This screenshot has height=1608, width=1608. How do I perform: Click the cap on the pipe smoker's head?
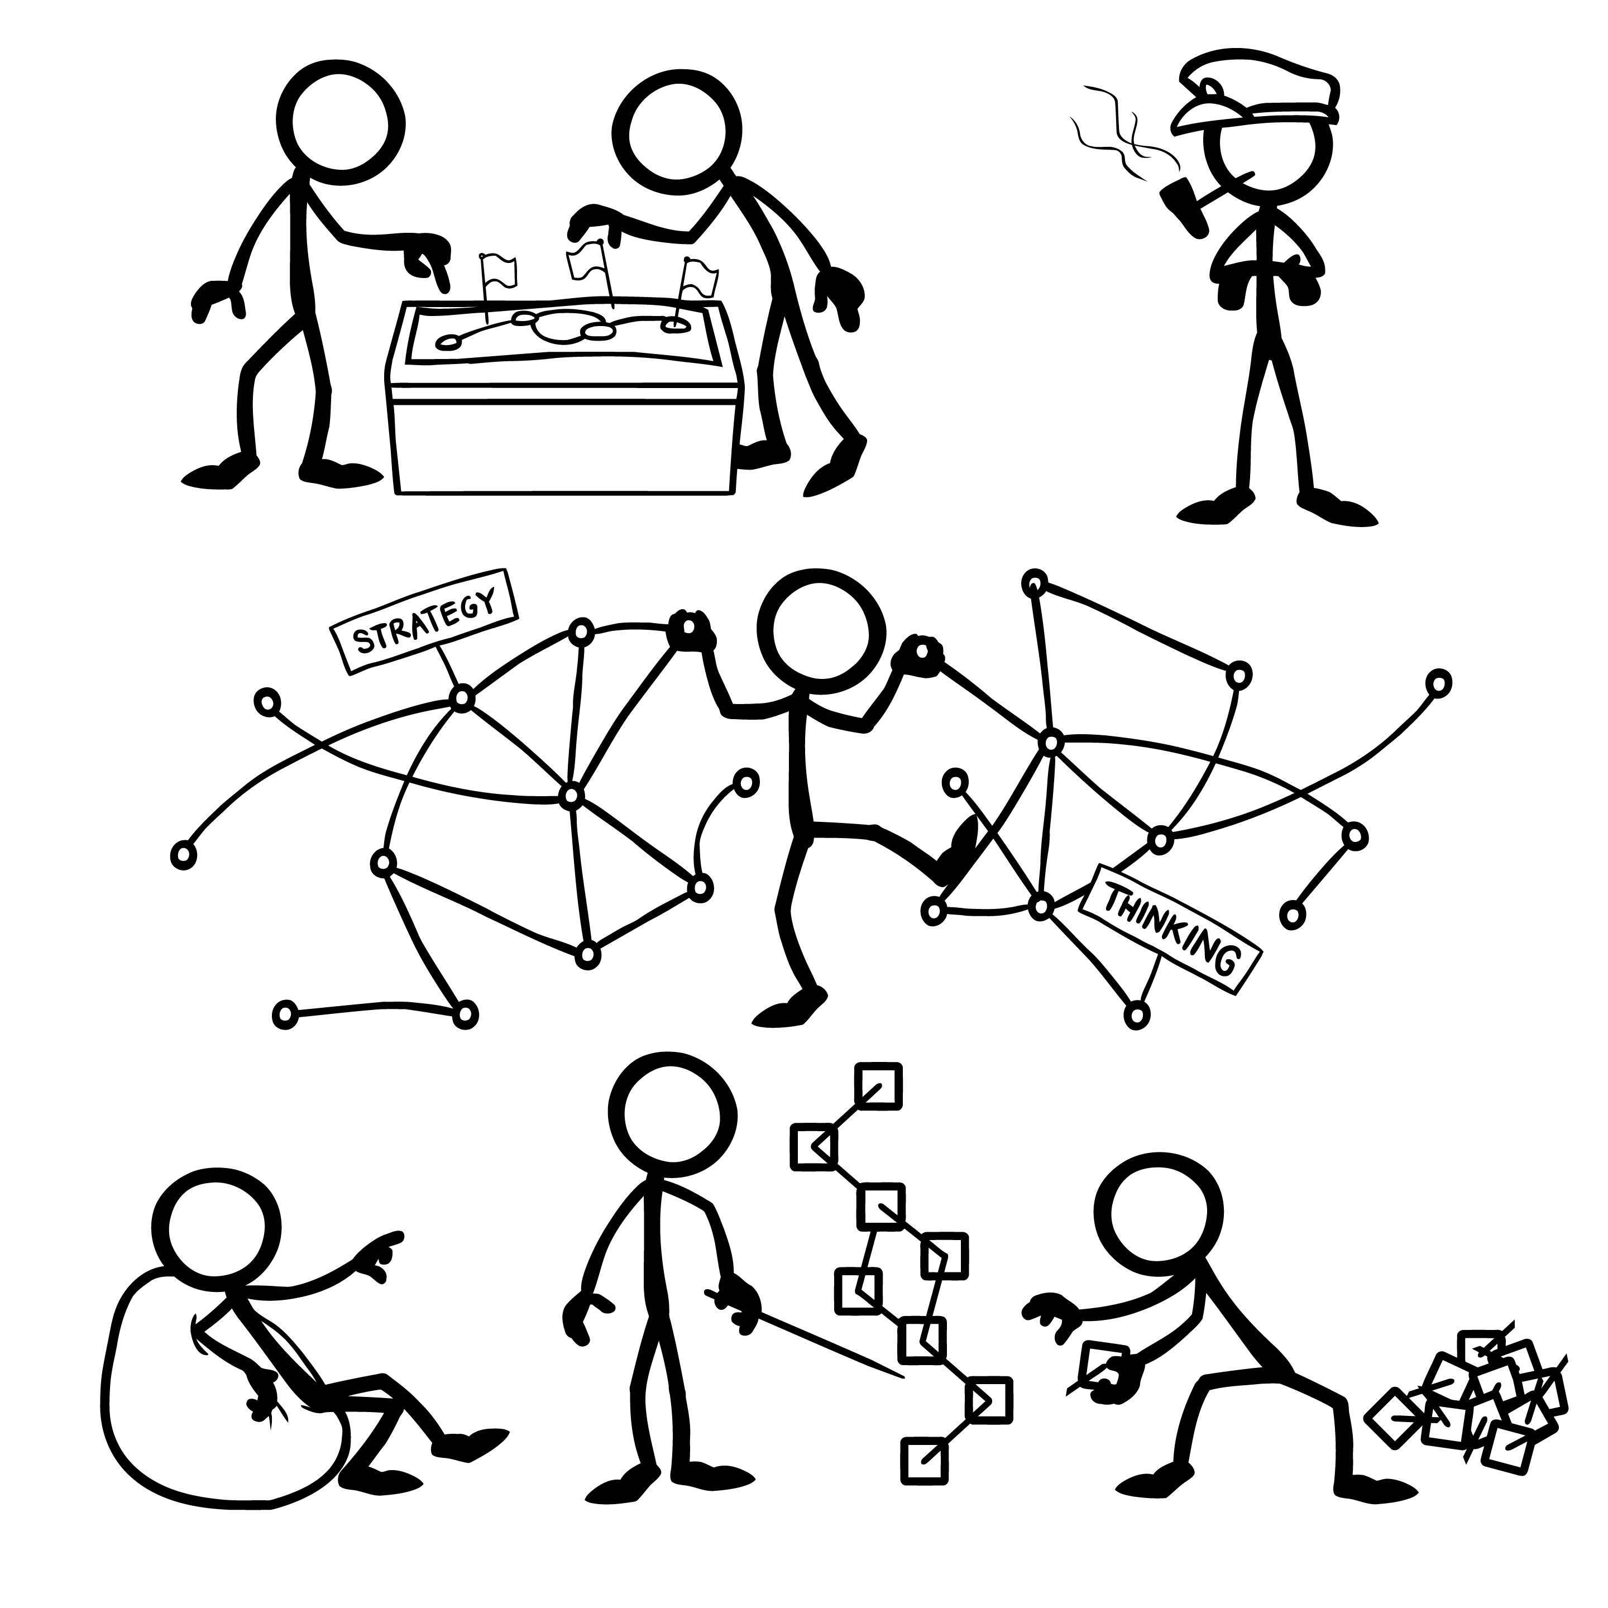pyautogui.click(x=1256, y=93)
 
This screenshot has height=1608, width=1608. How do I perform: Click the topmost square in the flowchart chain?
pyautogui.click(x=878, y=1087)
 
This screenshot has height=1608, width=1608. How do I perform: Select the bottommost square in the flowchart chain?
pyautogui.click(x=925, y=1460)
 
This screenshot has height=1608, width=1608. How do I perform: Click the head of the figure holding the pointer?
pyautogui.click(x=672, y=1116)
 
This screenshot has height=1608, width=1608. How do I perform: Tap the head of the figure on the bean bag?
pyautogui.click(x=223, y=1230)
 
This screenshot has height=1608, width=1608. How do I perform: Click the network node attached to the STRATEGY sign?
pyautogui.click(x=462, y=697)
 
